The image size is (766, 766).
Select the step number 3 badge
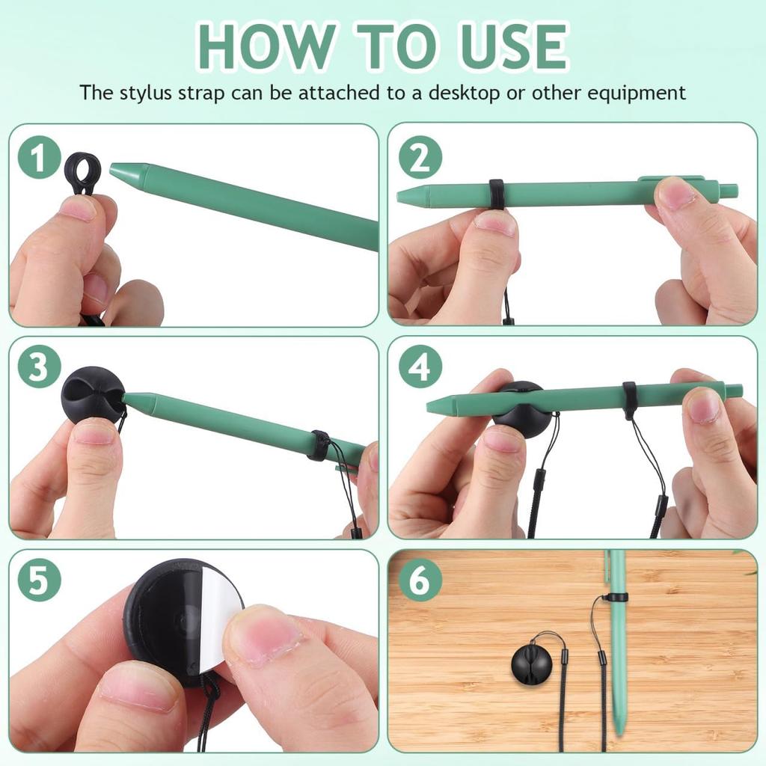(39, 367)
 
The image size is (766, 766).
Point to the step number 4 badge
(420, 367)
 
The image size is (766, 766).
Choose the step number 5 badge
(39, 579)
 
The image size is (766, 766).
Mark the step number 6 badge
(420, 579)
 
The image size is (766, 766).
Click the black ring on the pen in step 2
(496, 194)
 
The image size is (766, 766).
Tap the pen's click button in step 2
(729, 191)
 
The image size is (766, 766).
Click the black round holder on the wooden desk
(531, 662)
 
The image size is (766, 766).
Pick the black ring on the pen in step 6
(616, 597)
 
